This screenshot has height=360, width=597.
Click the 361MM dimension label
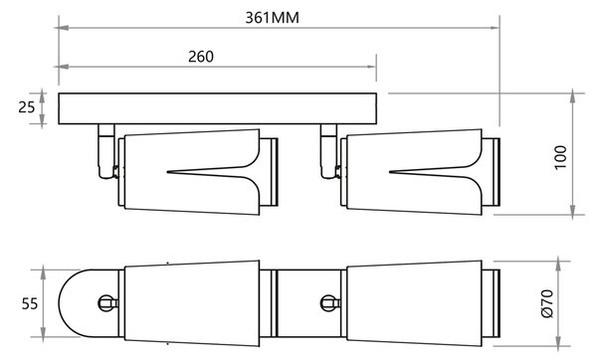point(272,18)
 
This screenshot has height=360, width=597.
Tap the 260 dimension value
point(201,57)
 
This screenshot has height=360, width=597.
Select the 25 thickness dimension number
point(27,107)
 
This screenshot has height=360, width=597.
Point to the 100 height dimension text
point(560,157)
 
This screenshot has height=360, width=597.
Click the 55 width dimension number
point(30,304)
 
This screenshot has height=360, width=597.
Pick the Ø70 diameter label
point(547,303)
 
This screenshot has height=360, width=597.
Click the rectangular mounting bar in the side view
point(217,108)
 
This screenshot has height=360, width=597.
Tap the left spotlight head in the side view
point(198,172)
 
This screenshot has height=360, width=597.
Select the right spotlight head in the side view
point(420,172)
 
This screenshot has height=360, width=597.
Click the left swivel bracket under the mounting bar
point(106,151)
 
